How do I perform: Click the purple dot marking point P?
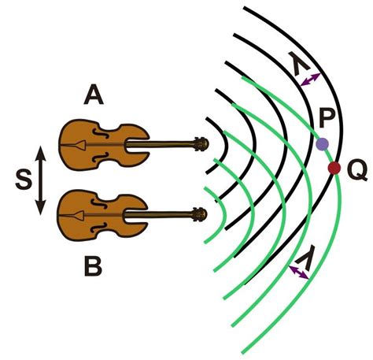322,144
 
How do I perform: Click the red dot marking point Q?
334,168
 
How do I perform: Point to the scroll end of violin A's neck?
201,143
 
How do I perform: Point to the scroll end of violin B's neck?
201,213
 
